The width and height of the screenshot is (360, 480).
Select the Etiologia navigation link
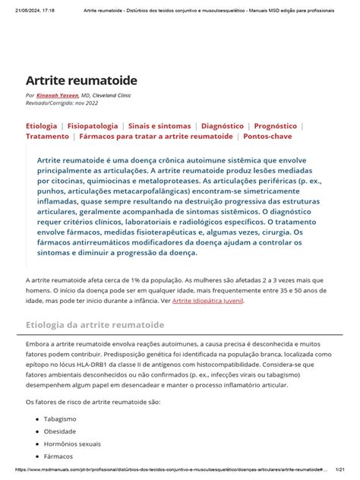tap(42, 125)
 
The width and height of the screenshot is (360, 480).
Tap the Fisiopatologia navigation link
tap(93, 125)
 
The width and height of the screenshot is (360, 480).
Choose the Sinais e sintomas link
tap(159, 125)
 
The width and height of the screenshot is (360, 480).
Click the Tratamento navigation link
tap(47, 137)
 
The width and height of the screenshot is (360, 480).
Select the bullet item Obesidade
tap(62, 431)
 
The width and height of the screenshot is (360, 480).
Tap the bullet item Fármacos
tap(59, 456)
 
